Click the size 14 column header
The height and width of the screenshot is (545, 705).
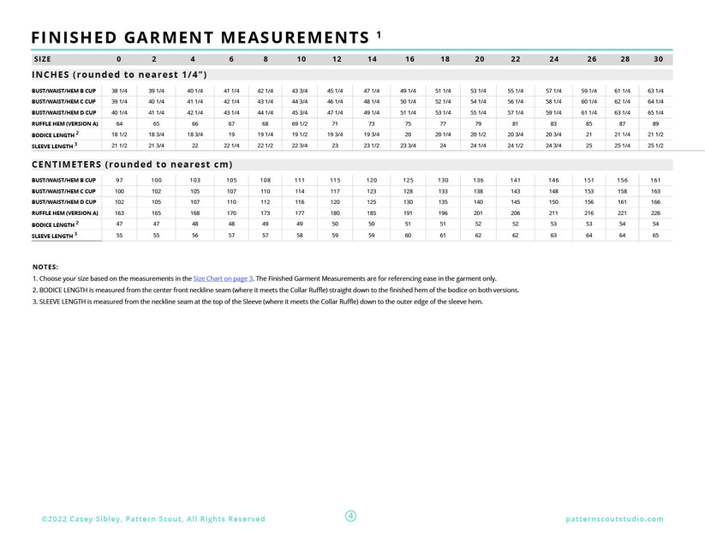[x=372, y=59]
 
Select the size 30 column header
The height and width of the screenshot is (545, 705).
[x=658, y=59]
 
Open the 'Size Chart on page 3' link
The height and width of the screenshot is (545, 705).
[x=223, y=278]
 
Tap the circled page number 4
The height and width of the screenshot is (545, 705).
[x=351, y=516]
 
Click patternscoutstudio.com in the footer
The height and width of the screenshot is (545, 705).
[x=614, y=519]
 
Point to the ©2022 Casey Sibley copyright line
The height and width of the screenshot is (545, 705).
[x=153, y=519]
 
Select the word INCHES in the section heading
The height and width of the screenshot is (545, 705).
[x=57, y=75]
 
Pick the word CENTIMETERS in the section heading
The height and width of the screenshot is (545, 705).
[x=80, y=164]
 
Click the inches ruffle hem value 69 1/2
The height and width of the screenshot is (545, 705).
[x=300, y=123]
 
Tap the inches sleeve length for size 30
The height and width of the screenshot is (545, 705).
[x=655, y=146]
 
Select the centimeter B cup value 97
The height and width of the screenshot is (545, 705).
[x=119, y=180]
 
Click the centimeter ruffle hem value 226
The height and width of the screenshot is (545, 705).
[x=655, y=213]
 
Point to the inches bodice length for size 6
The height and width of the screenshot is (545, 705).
[x=231, y=135]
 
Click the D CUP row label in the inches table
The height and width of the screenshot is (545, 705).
[x=64, y=112]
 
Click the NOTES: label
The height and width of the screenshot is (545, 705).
[x=45, y=267]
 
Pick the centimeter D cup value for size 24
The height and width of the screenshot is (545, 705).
[x=553, y=201]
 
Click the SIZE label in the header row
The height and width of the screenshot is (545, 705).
[x=42, y=59]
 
